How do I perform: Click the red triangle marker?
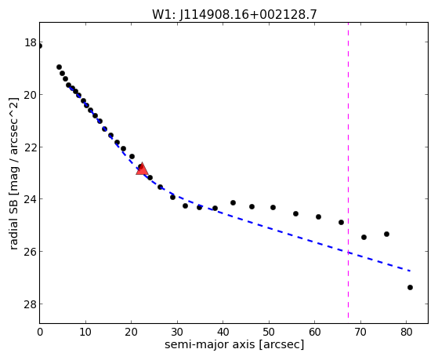point(142,169)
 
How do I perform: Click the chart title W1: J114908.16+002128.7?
point(234,14)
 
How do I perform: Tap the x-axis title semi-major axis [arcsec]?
point(234,344)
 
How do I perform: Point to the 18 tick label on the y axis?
point(31,43)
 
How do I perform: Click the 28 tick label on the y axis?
point(31,304)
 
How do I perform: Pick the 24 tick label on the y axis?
point(31,199)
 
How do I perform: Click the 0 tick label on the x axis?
point(40,332)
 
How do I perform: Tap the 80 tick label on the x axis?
point(407,332)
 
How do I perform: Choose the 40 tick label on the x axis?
point(223,332)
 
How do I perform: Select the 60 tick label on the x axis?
point(315,332)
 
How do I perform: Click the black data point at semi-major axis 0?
point(40,45)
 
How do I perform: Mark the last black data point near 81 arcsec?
point(410,287)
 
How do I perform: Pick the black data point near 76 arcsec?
point(386,235)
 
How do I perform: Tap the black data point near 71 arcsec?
point(364,237)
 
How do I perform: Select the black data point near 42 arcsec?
point(233,202)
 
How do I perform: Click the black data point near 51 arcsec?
point(273,207)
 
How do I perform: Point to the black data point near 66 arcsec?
point(341,223)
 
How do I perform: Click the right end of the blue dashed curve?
point(410,271)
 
